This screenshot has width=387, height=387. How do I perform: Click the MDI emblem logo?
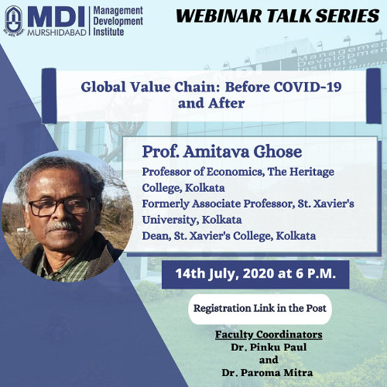[14, 21]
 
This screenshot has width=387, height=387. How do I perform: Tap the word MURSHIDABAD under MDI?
[57, 33]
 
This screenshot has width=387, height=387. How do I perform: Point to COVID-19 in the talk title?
[307, 87]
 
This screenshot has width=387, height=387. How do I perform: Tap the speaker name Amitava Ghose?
[242, 152]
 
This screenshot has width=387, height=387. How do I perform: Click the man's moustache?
[63, 227]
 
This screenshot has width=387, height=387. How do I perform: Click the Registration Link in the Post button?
[260, 309]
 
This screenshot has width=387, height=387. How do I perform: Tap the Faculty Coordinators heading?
[269, 334]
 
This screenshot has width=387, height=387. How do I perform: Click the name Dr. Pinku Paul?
[269, 348]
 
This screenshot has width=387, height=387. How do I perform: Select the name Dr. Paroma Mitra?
[267, 373]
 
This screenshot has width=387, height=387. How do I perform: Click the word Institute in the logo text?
[108, 32]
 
